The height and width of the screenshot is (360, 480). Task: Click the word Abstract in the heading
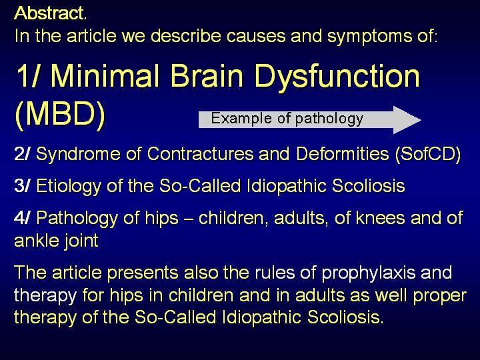[x=49, y=13]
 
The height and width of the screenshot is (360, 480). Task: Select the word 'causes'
[x=255, y=36]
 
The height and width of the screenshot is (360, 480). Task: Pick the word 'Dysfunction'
[x=337, y=78]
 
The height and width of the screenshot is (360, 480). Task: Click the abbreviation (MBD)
[x=60, y=114]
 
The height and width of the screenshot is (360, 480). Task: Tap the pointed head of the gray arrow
[x=420, y=120]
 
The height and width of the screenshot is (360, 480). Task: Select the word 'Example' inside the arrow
[x=241, y=119]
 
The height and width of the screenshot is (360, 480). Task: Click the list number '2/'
[x=22, y=154]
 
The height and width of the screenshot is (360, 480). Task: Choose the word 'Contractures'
[x=200, y=154]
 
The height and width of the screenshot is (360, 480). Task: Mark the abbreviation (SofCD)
[x=428, y=154]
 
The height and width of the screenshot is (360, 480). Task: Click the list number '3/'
[x=22, y=186]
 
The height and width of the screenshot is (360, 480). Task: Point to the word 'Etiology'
[x=69, y=187]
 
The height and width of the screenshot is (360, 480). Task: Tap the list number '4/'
[x=22, y=218]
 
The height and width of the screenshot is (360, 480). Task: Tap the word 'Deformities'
[x=343, y=154]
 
